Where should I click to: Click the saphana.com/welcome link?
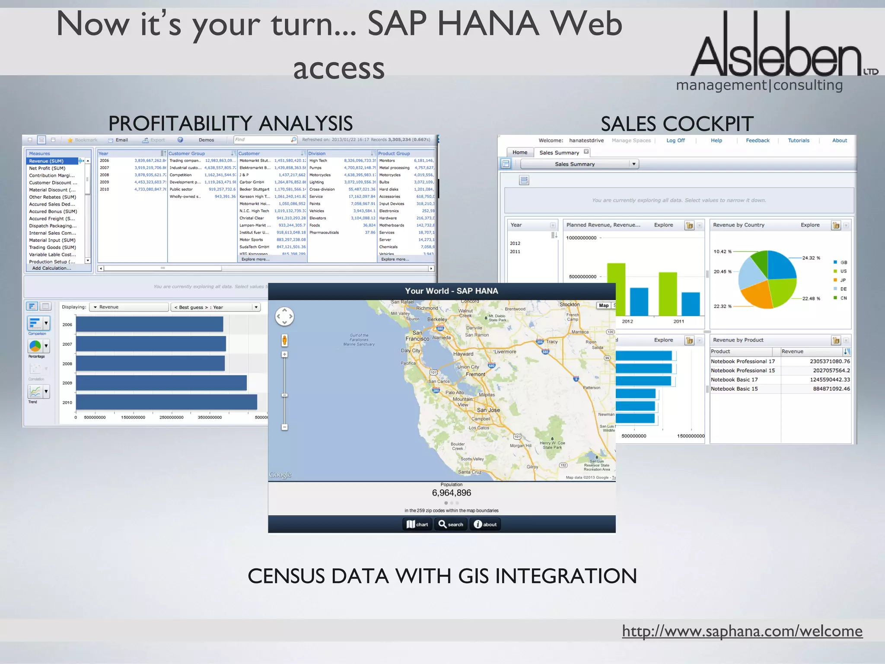(742, 631)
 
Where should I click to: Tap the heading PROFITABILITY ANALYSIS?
(230, 124)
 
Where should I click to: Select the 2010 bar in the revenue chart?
(166, 402)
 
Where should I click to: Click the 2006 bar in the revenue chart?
(150, 324)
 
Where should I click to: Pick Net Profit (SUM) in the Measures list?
(47, 168)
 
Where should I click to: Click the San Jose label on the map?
(488, 410)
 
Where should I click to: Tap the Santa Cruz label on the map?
(470, 472)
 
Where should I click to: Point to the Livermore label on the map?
(505, 351)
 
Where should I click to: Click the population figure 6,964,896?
(452, 493)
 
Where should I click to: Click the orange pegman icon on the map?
(284, 340)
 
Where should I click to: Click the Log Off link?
(675, 140)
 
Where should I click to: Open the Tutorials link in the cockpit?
(799, 140)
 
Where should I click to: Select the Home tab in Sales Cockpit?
(520, 152)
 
